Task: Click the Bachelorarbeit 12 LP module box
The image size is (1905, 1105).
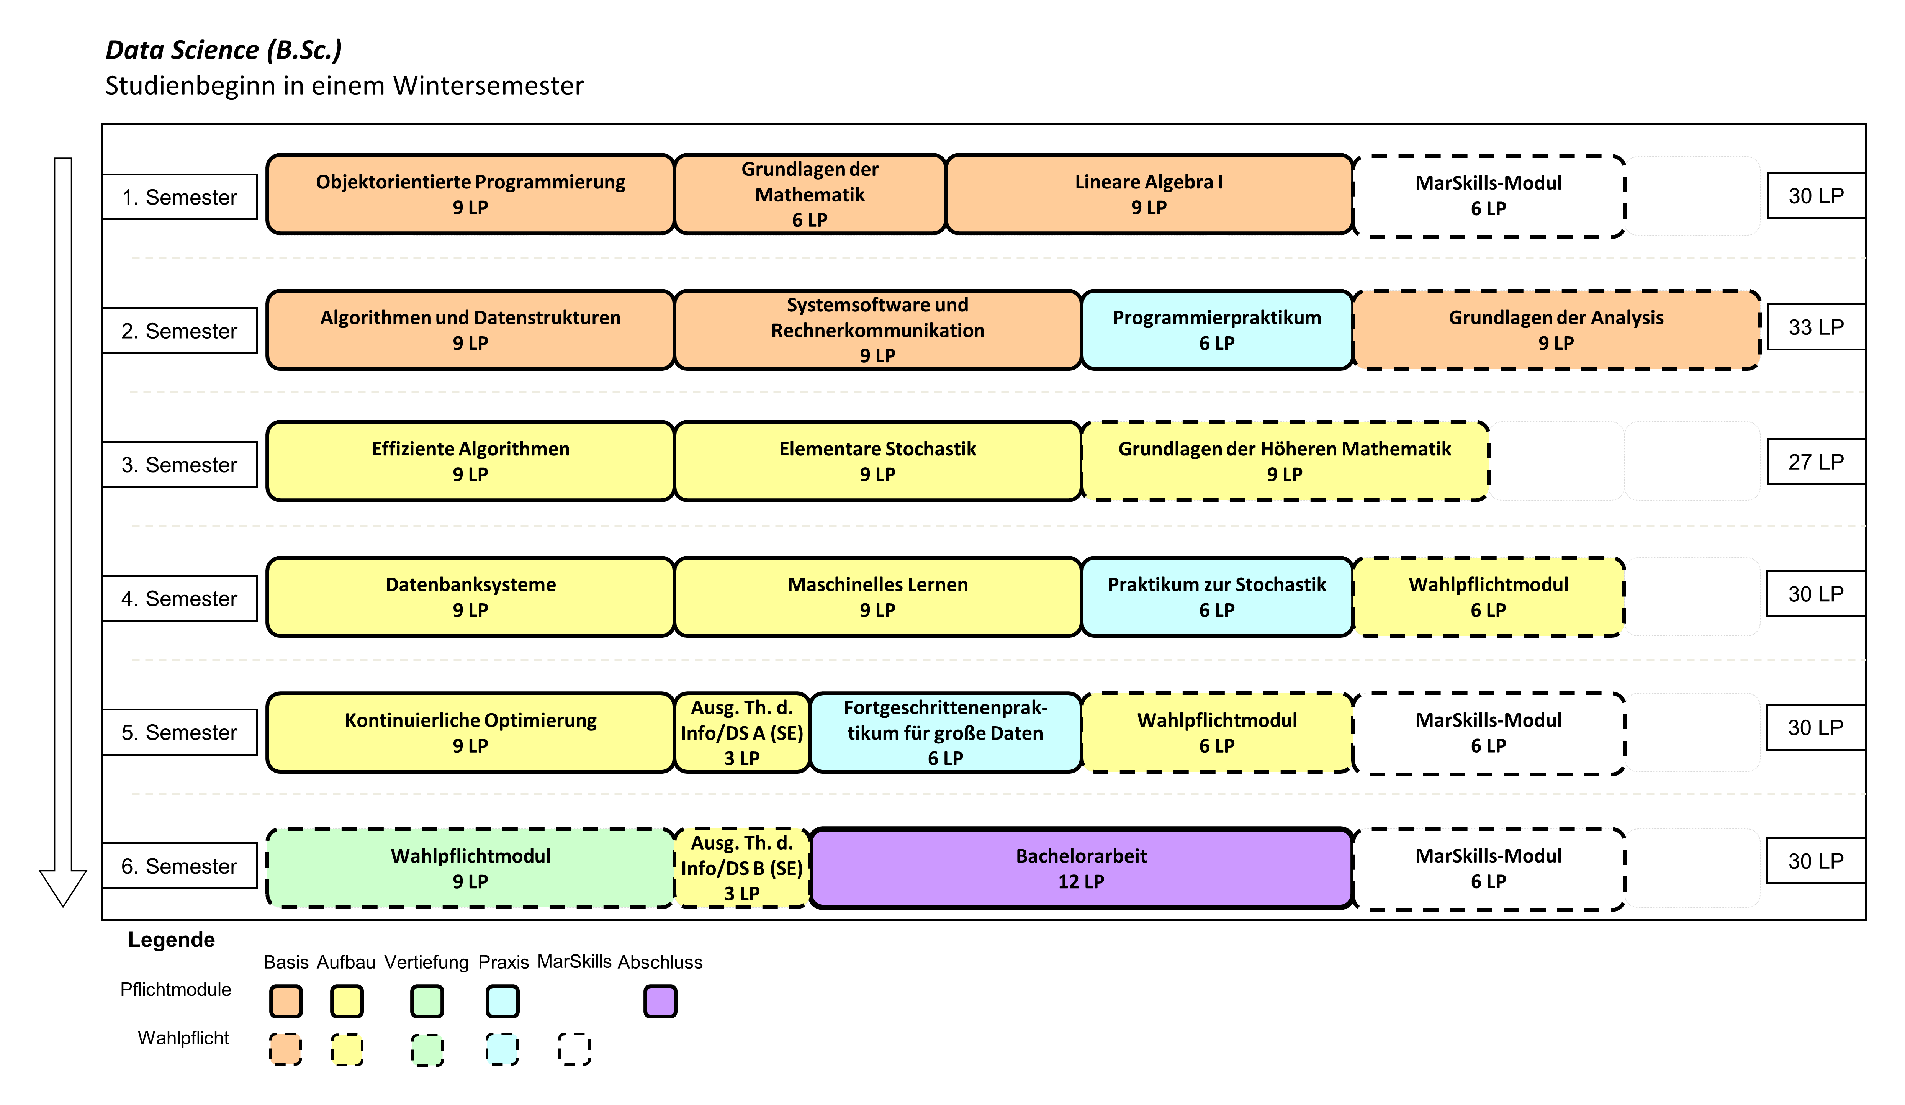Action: tap(1081, 868)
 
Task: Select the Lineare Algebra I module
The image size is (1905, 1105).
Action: tap(1149, 194)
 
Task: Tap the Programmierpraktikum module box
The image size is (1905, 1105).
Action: tap(1217, 329)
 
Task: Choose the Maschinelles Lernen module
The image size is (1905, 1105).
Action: tap(878, 597)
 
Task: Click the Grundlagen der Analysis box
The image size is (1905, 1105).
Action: tap(1556, 329)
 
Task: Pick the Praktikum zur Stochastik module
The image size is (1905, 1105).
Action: tap(1217, 597)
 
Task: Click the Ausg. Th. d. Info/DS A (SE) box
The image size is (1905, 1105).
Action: tap(741, 732)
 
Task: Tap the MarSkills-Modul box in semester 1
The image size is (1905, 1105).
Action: tap(1488, 196)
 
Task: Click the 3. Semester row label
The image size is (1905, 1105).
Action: tap(180, 464)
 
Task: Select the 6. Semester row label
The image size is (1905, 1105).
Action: tap(180, 865)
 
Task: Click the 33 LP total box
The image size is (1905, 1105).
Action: tap(1816, 326)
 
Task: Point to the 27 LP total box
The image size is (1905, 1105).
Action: tap(1816, 461)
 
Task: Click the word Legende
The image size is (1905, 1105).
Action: tap(172, 940)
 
